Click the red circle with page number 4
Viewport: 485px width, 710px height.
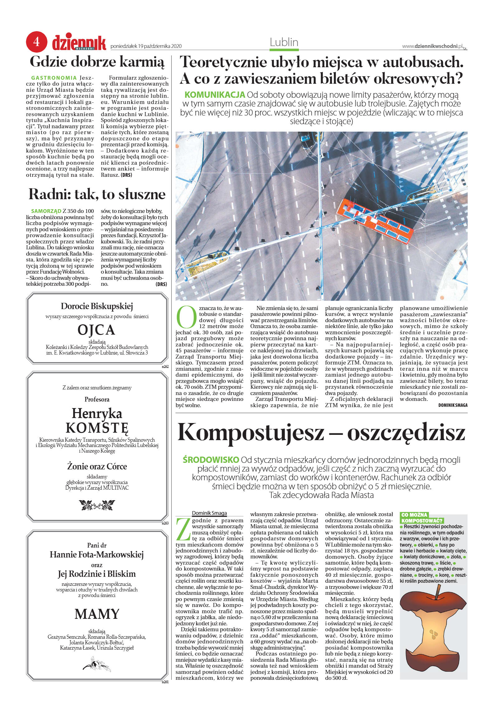(x=36, y=42)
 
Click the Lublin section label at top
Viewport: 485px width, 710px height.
(x=284, y=42)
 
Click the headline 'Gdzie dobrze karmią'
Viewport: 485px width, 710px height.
(x=97, y=62)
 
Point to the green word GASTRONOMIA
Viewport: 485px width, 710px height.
(x=54, y=78)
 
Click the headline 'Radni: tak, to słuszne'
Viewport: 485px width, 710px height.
(x=97, y=195)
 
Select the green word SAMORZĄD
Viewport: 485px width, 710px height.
(x=46, y=211)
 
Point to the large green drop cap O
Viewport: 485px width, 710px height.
(x=186, y=317)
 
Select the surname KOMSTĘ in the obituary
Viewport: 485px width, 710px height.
(x=97, y=428)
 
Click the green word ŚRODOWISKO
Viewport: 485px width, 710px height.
(x=211, y=460)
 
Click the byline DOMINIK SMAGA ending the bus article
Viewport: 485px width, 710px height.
(x=453, y=405)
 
